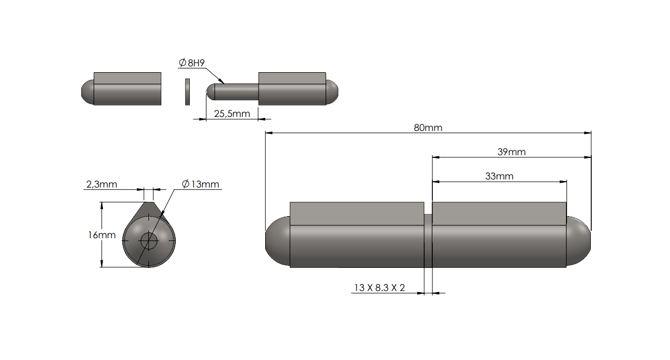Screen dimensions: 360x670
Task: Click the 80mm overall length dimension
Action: pyautogui.click(x=428, y=128)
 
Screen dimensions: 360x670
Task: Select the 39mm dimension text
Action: pyautogui.click(x=511, y=152)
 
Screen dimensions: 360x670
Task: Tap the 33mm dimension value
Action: pyautogui.click(x=499, y=176)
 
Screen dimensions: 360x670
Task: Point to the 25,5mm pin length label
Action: pyautogui.click(x=232, y=114)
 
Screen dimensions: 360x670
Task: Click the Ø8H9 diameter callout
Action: pyautogui.click(x=191, y=63)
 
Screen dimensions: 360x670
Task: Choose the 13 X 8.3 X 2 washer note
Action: pyautogui.click(x=378, y=288)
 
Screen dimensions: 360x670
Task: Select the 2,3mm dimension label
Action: pyautogui.click(x=101, y=184)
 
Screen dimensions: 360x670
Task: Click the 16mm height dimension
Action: pyautogui.click(x=102, y=235)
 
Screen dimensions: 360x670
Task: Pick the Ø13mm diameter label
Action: pyautogui.click(x=201, y=184)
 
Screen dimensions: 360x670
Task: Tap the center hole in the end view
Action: pyautogui.click(x=149, y=241)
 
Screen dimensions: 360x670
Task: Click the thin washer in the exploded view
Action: pyautogui.click(x=187, y=92)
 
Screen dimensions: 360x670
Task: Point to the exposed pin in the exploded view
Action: pyautogui.click(x=234, y=92)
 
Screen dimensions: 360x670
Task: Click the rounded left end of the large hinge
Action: pyautogui.click(x=277, y=241)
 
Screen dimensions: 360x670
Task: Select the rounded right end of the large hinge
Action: pyautogui.click(x=578, y=241)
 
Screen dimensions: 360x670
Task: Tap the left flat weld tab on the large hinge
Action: pyautogui.click(x=356, y=213)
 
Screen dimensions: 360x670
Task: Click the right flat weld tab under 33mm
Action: pyautogui.click(x=499, y=213)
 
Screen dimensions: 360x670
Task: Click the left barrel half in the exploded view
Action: pyautogui.click(x=127, y=89)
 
